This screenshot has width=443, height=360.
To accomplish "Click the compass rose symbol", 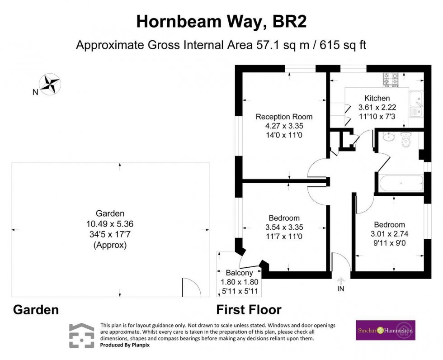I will pos(50,84).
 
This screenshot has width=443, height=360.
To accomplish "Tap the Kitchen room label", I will pos(377,98).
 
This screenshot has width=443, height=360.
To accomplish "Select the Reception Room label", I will pos(284,117).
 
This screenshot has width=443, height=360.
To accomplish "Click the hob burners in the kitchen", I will pos(391,80).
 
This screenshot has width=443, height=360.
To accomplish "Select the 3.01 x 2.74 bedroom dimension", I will pos(389,234).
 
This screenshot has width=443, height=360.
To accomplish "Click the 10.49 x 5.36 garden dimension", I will pos(110,223).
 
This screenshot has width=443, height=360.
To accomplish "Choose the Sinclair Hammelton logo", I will pos(385,330).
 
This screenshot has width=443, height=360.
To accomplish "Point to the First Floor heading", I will pos(249,310).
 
